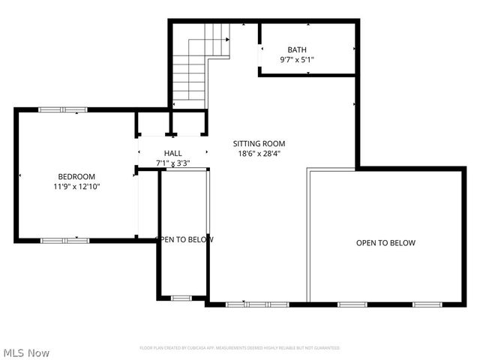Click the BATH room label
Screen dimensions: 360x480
(297, 49)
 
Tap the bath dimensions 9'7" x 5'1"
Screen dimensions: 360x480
(297, 59)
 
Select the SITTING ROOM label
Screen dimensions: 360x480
(259, 143)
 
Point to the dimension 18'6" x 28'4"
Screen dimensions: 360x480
(259, 153)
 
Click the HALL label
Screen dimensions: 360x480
(173, 153)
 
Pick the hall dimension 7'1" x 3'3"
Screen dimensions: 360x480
(173, 163)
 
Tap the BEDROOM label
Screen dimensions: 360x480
(76, 176)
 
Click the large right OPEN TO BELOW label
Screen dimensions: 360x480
(385, 243)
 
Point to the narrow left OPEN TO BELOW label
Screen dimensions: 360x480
(184, 240)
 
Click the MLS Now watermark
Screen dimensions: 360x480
(27, 352)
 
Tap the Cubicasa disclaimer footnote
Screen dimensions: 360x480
(240, 348)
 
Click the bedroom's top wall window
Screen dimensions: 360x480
(64, 110)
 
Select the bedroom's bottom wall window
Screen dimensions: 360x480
(64, 240)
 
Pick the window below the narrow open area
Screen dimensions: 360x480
(181, 298)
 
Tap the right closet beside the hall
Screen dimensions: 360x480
(188, 124)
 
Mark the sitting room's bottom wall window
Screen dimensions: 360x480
(258, 304)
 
